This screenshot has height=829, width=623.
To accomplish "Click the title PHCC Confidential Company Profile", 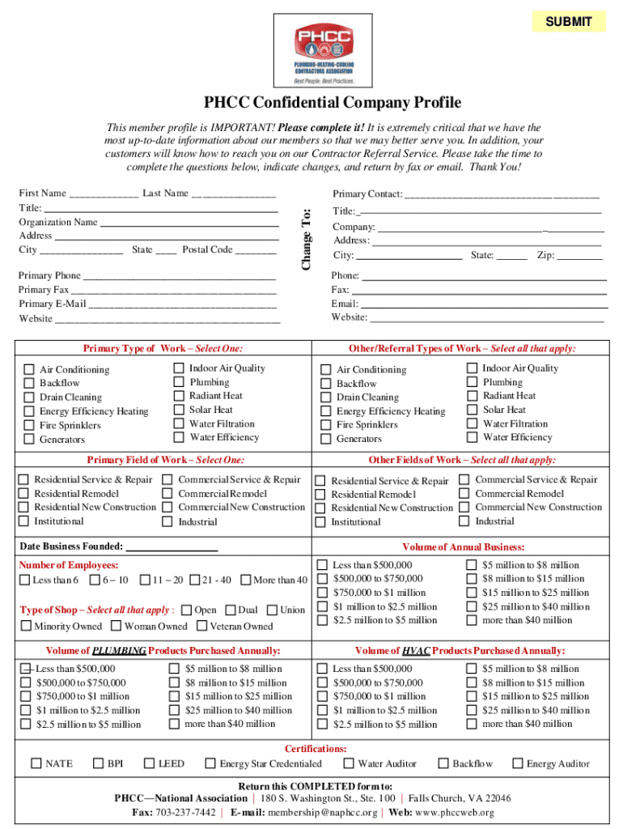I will (x=333, y=103).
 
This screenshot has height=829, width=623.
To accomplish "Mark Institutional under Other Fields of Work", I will (x=320, y=522).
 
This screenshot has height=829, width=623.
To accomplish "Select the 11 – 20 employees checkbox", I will (x=145, y=580).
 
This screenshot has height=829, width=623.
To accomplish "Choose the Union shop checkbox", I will (x=272, y=610).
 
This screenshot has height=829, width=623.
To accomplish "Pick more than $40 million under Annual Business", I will (x=472, y=621).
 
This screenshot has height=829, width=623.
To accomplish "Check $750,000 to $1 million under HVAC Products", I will (x=322, y=697).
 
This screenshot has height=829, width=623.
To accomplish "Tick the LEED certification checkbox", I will (x=149, y=763).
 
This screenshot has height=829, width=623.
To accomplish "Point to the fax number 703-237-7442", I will (x=187, y=813).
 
